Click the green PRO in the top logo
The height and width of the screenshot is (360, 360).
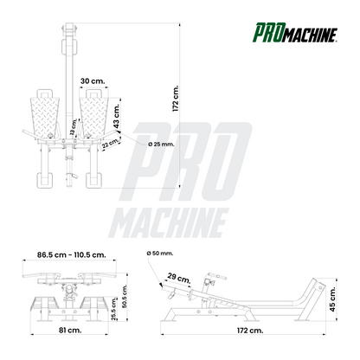(x=265, y=33)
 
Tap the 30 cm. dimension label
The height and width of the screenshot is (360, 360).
(x=93, y=81)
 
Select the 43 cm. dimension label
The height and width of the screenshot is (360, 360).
(x=116, y=116)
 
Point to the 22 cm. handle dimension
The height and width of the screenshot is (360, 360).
(x=111, y=143)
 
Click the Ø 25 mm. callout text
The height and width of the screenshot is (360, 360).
(x=161, y=144)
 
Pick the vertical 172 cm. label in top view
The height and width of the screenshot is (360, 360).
(x=176, y=99)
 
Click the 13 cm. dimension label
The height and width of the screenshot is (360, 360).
(x=73, y=127)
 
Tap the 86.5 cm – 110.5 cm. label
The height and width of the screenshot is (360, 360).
(x=72, y=255)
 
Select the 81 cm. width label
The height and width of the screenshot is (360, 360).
(x=70, y=330)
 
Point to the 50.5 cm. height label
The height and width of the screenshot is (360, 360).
(x=125, y=296)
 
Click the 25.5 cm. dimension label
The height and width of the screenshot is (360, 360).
(x=114, y=309)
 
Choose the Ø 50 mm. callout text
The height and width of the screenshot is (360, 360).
(x=160, y=254)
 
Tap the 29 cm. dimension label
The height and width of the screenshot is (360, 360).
(x=179, y=278)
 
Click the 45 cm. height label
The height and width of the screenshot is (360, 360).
(x=332, y=299)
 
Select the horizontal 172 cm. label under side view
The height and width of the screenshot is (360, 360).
(x=250, y=331)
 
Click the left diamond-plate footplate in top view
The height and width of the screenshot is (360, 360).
(x=44, y=118)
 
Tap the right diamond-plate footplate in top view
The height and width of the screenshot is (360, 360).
(x=94, y=118)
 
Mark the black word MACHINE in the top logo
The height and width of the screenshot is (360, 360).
(x=307, y=35)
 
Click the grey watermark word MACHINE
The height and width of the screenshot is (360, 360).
(x=169, y=223)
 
